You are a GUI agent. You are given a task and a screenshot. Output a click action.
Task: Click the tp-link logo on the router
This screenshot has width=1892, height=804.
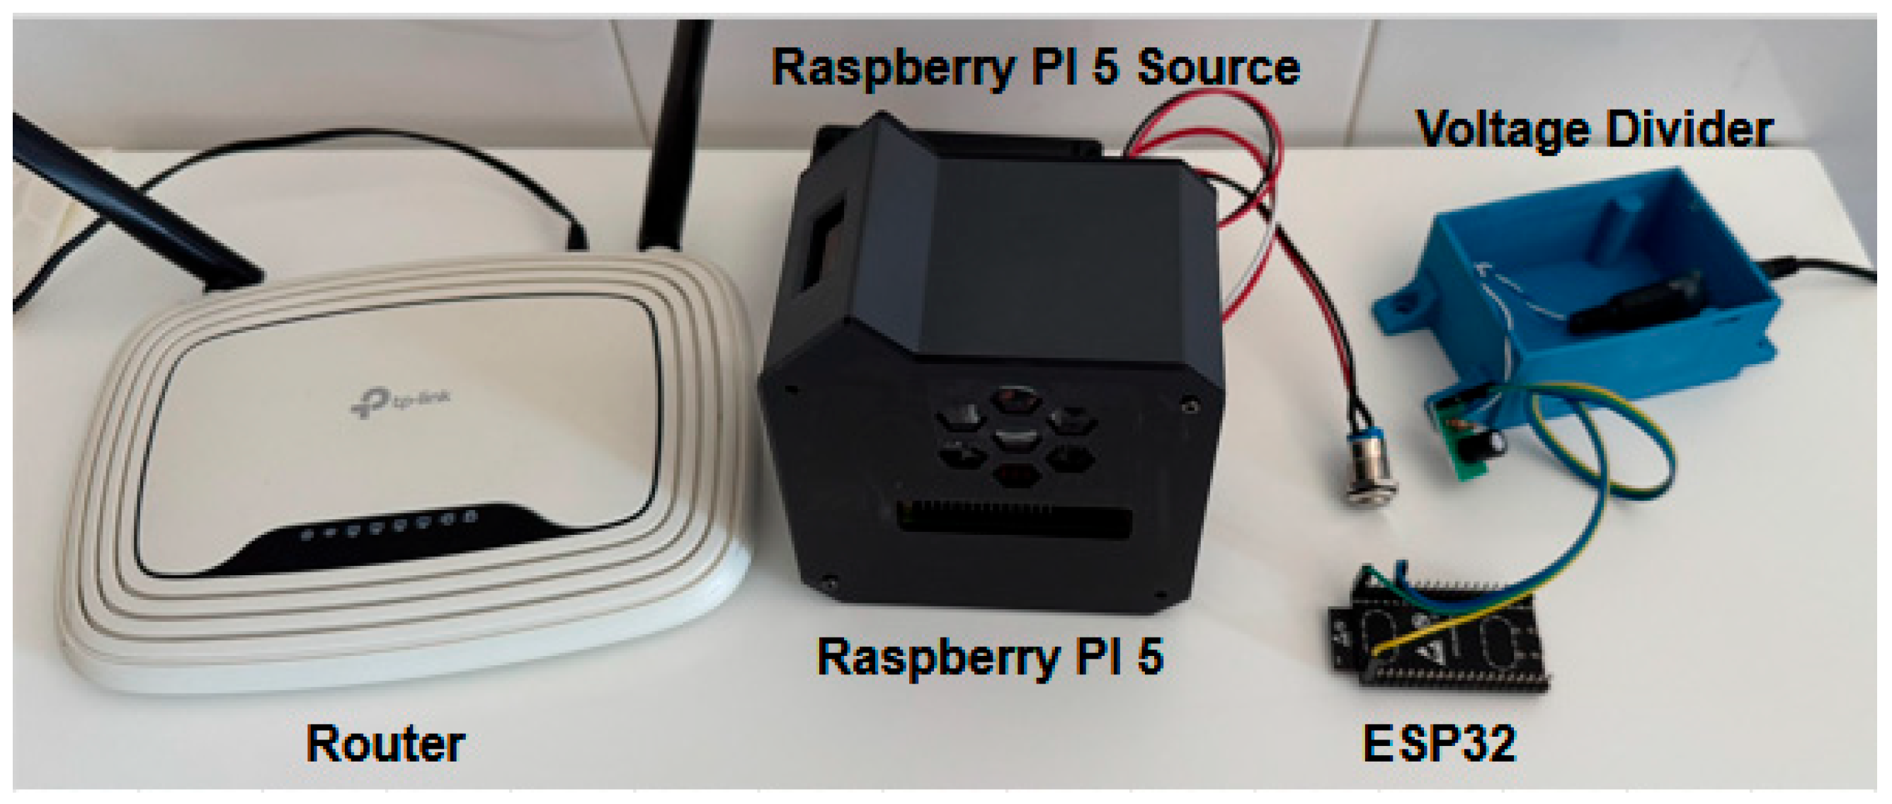pyautogui.click(x=399, y=402)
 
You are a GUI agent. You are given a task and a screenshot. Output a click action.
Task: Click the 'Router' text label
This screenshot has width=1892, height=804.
pyautogui.click(x=385, y=744)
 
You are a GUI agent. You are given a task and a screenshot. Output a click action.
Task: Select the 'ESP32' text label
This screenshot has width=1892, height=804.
pyautogui.click(x=1439, y=744)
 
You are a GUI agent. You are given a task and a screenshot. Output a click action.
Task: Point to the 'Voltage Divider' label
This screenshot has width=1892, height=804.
pyautogui.click(x=1594, y=130)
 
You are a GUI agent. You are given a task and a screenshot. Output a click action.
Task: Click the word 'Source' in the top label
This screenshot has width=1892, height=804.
pyautogui.click(x=1219, y=67)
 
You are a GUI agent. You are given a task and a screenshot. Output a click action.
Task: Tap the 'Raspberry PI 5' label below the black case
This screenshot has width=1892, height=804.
pyautogui.click(x=990, y=655)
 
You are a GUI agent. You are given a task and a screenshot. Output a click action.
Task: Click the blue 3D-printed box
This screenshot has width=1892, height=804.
pyautogui.click(x=1579, y=294)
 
